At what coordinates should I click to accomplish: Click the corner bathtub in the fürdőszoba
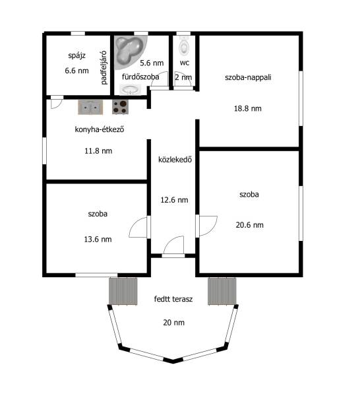coord(131,52)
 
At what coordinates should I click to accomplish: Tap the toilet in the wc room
coord(184,46)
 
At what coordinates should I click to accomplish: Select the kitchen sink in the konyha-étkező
coord(90,108)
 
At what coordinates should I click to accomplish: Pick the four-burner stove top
coord(120,107)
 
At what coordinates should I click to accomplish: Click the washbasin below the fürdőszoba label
coord(130,90)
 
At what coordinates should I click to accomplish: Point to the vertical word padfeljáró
coord(104,68)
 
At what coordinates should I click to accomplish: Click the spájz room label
coord(76,55)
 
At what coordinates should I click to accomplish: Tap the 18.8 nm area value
coord(247,109)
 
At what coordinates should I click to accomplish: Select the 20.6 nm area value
coord(249,225)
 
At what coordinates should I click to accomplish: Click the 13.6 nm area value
coord(98,239)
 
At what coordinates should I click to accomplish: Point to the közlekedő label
coord(175,159)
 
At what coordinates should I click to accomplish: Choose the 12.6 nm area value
coord(174,200)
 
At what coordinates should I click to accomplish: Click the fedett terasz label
coord(173,299)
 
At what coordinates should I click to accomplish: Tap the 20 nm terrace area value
coord(174,323)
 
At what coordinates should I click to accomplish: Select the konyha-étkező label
coord(100,129)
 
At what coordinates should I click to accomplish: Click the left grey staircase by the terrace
coord(123,291)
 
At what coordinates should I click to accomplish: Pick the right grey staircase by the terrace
coord(222,291)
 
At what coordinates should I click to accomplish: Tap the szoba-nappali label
coord(248,77)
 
